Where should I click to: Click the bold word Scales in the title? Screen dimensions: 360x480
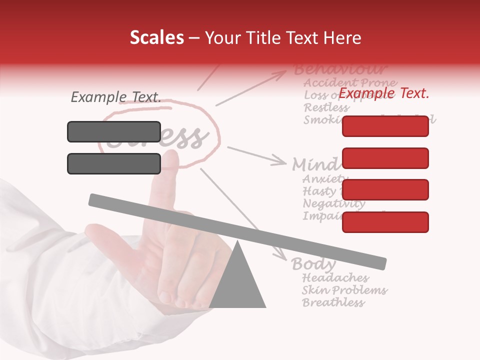pos(156,37)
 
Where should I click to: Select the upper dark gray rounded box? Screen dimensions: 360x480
pos(114,131)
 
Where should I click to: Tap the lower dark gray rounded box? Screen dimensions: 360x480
pos(114,163)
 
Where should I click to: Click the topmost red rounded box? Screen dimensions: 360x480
pos(385,126)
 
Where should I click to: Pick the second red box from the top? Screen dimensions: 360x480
pos(385,158)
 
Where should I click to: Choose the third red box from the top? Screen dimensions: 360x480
pos(385,189)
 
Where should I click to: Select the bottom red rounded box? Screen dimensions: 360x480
pos(385,222)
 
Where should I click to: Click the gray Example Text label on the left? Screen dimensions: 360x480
pos(115,97)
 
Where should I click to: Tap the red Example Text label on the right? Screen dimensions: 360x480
pos(383,93)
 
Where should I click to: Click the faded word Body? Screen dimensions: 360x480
pos(313,263)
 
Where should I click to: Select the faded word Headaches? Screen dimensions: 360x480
pos(335,277)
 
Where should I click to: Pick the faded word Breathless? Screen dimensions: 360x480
pos(333,302)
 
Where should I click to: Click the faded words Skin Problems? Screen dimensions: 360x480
pos(344,290)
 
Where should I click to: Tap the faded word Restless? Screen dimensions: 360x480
pos(326,107)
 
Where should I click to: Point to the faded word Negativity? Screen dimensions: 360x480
pos(334,203)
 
